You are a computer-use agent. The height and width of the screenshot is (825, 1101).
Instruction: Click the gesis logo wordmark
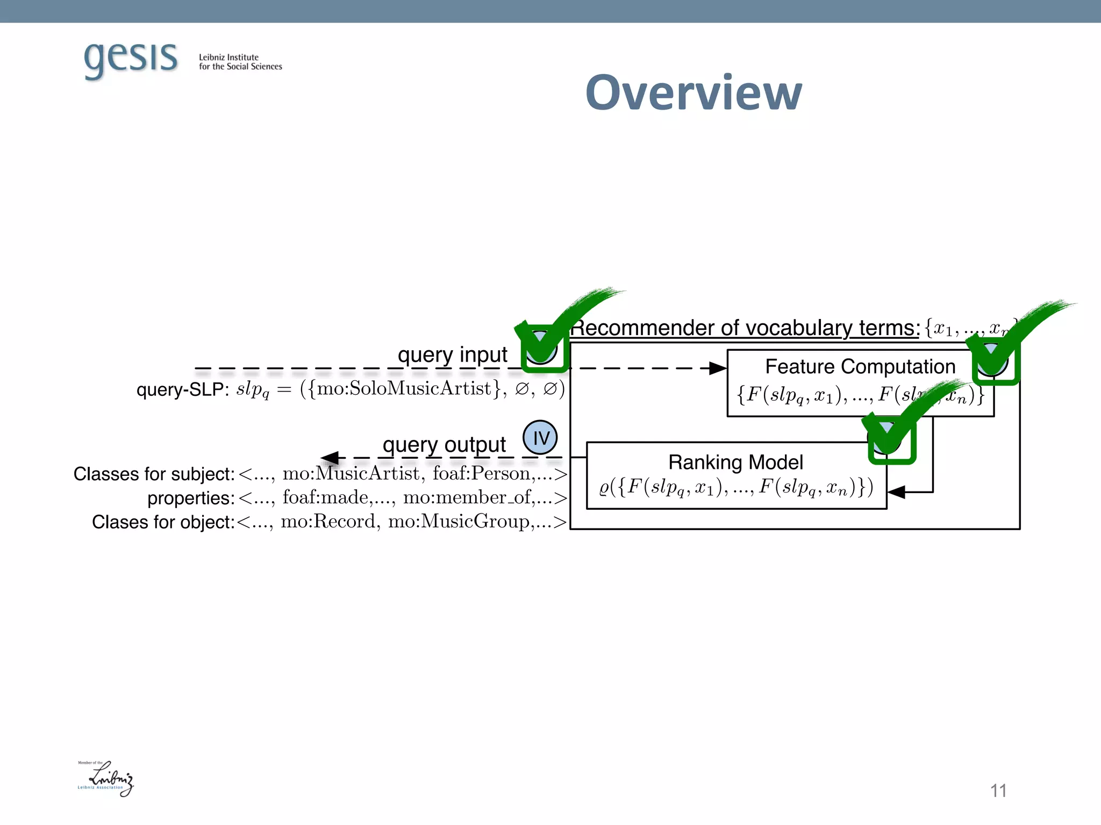coord(131,58)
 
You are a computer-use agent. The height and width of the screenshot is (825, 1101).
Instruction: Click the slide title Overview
coord(694,92)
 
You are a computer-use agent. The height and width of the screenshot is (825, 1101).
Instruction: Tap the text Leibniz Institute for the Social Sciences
coord(240,62)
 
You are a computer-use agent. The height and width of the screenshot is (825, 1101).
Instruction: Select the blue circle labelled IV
coord(540,437)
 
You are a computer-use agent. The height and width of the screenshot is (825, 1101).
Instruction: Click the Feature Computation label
coord(860,367)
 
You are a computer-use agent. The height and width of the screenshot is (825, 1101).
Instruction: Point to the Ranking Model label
coord(735,462)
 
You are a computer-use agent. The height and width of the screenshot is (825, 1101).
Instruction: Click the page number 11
coord(998,791)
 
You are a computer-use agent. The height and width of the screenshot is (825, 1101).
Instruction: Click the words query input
coord(453,354)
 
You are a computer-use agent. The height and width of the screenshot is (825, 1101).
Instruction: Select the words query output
coord(444,445)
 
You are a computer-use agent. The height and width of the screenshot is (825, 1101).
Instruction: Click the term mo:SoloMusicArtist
coord(404,388)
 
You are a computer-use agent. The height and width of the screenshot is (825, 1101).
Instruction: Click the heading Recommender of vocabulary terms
coord(745,328)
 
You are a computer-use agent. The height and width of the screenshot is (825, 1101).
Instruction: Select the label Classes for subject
coord(154,474)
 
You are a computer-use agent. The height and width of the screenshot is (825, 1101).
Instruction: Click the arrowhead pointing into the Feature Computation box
coord(718,368)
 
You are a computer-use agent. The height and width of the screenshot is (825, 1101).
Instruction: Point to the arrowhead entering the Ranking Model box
coord(896,491)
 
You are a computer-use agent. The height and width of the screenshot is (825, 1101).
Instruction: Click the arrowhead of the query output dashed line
coord(330,458)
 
